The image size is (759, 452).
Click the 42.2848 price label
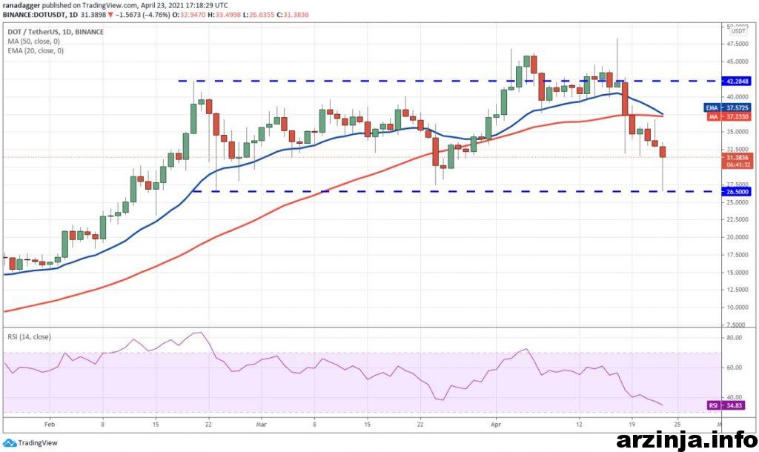coord(738,81)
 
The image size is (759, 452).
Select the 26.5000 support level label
coord(738,191)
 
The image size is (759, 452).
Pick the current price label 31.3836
coord(738,157)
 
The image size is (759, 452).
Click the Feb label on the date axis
coord(50,425)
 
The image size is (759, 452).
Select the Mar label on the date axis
coord(261,425)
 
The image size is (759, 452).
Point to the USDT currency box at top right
coord(738,31)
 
